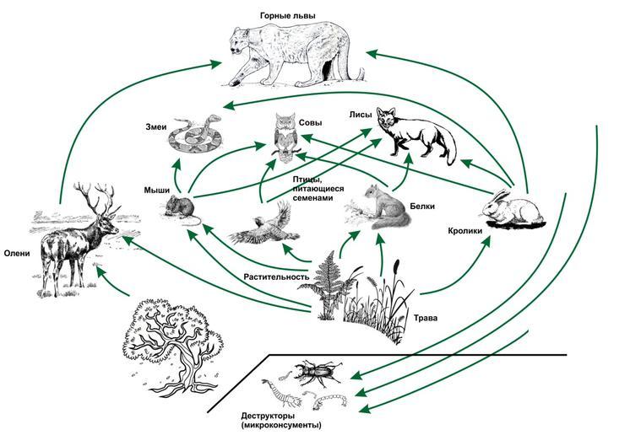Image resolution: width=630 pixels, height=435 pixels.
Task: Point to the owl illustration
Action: tap(286, 137)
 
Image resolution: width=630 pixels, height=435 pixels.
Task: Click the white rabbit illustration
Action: tap(515, 211)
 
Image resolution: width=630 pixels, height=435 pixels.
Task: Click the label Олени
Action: tap(19, 251)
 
